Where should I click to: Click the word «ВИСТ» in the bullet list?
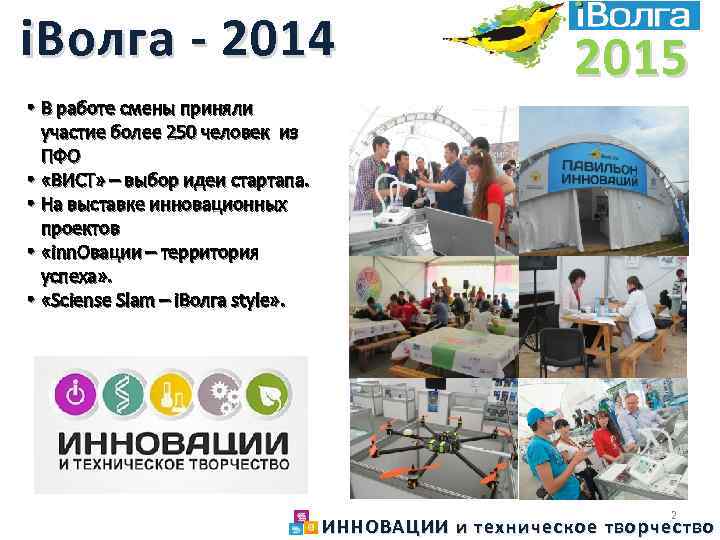(x=71, y=181)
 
